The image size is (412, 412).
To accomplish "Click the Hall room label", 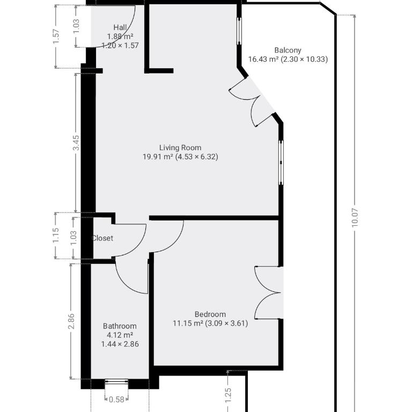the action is [120, 27].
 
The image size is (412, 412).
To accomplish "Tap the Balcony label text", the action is [288, 50].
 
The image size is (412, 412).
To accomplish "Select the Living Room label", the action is [180, 148].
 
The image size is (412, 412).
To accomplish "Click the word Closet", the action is [102, 238].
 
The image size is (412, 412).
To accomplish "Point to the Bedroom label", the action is [210, 314].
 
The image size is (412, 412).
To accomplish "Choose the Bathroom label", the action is [120, 326].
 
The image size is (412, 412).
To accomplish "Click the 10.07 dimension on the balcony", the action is [355, 218].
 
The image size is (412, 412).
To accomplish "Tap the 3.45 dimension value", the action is [76, 143].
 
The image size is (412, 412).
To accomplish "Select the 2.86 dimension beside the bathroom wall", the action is [71, 321].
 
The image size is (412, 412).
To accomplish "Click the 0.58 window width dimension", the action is [116, 399].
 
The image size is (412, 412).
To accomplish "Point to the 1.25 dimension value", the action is [228, 395].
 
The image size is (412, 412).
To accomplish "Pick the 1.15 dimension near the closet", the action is [56, 236].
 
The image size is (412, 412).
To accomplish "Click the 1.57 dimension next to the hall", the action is [56, 36].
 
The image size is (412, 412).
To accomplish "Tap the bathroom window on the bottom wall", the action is [116, 384].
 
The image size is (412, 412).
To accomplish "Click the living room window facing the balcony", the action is [281, 163].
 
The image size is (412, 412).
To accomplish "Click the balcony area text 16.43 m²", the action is [263, 59].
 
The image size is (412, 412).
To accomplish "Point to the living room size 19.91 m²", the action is [158, 157].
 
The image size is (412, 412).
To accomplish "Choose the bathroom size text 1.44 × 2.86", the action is [120, 344].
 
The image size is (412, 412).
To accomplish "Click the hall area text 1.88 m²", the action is [120, 36].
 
